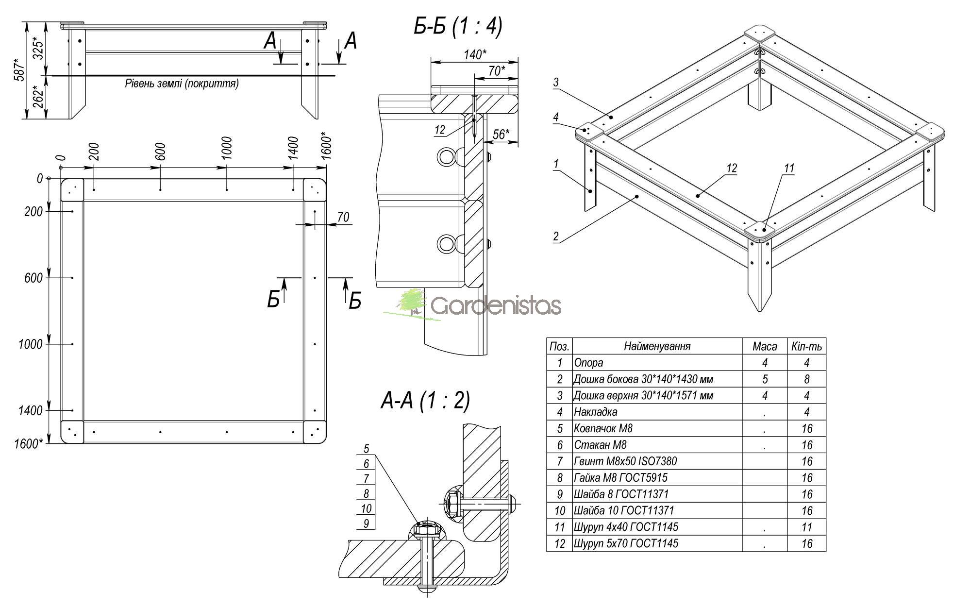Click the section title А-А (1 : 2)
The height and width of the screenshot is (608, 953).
point(425,401)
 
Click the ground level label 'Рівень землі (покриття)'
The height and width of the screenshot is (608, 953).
point(182,84)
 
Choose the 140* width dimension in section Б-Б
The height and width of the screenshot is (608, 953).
point(474,54)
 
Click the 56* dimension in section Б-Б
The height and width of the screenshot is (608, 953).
point(501,135)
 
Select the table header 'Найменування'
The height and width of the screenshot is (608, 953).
point(657,346)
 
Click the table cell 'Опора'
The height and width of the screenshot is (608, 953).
point(588,363)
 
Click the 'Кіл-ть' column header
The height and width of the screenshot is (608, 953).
point(806,346)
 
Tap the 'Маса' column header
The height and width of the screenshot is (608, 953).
point(765,346)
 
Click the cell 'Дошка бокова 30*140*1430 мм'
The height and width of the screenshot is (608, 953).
point(643,379)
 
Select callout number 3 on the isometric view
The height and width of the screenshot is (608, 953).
point(556,82)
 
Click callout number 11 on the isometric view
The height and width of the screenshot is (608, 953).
point(789,168)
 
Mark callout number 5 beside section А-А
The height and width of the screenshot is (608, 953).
point(366,448)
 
